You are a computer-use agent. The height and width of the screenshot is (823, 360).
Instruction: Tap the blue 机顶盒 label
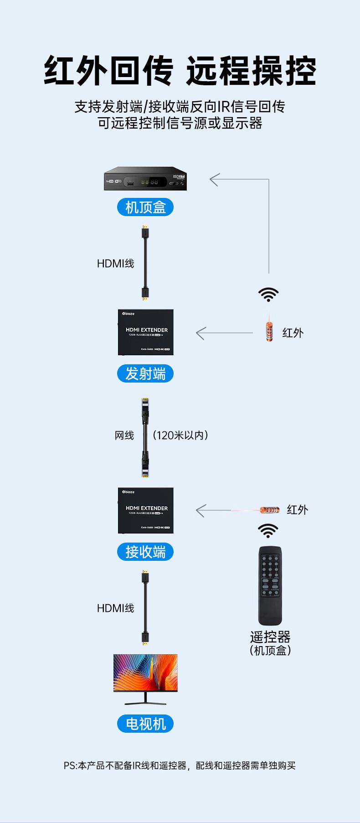coord(146,207)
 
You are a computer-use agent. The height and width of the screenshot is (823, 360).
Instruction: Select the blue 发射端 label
coord(146,374)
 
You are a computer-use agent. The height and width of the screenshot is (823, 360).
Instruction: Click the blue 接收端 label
coord(146,552)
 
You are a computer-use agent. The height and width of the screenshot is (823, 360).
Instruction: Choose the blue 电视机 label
coord(146,724)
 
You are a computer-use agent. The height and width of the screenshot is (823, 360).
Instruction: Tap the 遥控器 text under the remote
coord(270,637)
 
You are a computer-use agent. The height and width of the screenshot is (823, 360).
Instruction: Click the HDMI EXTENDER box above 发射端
coord(146,332)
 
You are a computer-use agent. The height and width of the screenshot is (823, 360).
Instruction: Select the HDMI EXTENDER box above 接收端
coord(146,510)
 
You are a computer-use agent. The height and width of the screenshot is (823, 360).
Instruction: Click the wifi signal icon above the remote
coord(268,530)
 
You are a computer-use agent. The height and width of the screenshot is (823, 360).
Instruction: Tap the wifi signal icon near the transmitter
coord(269,294)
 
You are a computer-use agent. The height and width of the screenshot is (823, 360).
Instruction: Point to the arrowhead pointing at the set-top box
coord(214,180)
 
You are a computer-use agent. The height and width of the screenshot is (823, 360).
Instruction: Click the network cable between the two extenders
coord(145,437)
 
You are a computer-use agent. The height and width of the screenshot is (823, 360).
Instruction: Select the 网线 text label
coord(124,435)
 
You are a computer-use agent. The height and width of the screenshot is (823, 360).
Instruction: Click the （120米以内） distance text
coord(180,435)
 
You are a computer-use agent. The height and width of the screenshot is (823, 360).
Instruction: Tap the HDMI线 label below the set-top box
coord(116,264)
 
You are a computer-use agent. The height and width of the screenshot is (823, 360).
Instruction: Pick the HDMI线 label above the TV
coord(116,608)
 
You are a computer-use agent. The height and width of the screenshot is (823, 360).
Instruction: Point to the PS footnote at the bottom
coord(180,766)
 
